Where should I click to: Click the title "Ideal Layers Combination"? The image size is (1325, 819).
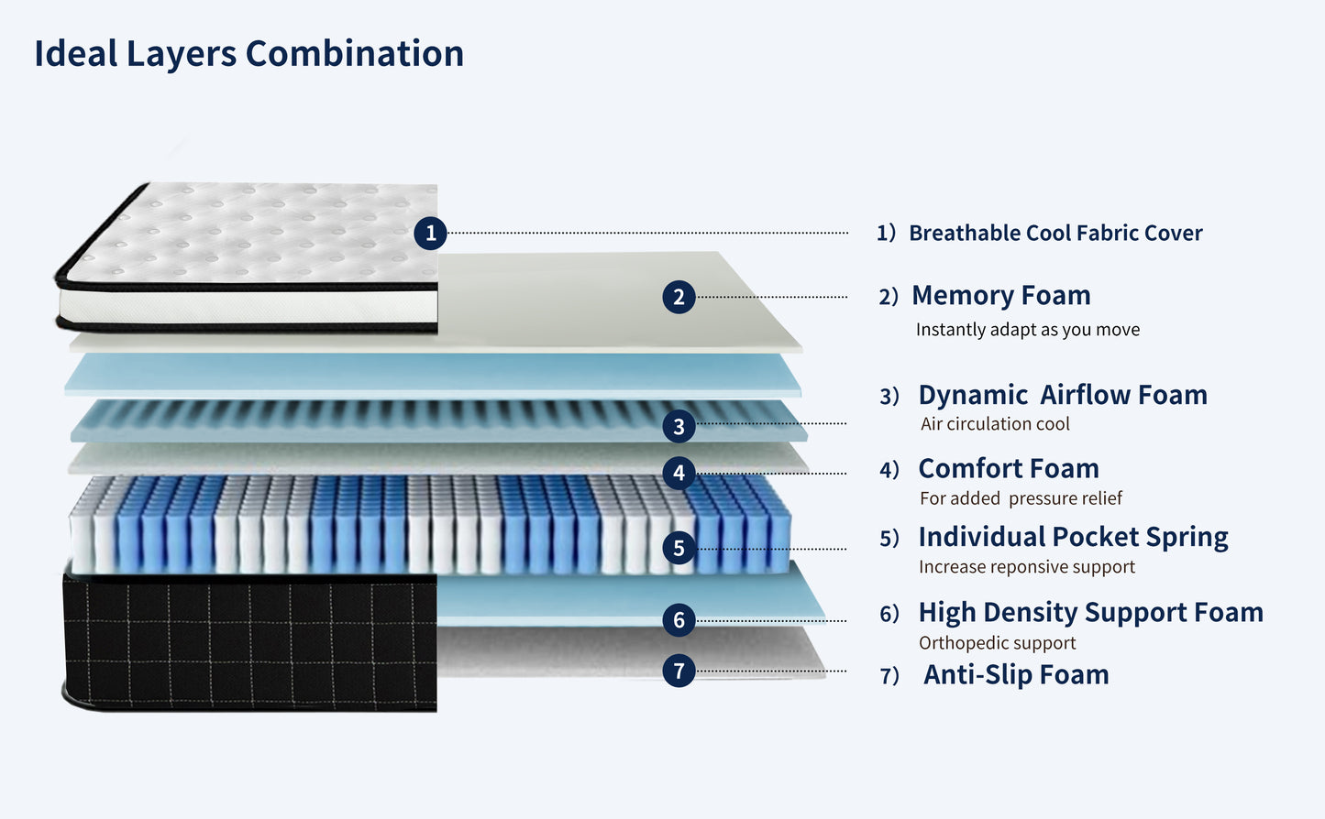coord(248,54)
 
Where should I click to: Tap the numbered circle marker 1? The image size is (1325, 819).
coord(430,233)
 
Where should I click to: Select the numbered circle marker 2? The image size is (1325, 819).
coord(679,297)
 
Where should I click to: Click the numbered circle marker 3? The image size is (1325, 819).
coord(679,426)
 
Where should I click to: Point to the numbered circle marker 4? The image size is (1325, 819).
coord(679,473)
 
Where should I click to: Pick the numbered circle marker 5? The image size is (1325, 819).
coord(679,548)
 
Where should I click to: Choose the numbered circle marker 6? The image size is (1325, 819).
coord(679,619)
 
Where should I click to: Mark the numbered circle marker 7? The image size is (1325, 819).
coord(679,671)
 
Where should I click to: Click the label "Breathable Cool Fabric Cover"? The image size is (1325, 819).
coord(1054,234)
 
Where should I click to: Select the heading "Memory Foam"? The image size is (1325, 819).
coord(1000,296)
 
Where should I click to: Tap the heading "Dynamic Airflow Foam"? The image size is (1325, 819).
coord(1062,395)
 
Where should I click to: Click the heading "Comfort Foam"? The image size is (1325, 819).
coord(1008,469)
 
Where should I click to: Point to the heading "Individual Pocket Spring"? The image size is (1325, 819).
coord(1073,537)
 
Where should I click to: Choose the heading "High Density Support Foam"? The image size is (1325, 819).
coord(1090,612)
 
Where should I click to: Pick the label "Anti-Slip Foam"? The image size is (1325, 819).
coord(1016,675)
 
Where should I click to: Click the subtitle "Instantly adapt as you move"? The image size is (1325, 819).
coord(1027,330)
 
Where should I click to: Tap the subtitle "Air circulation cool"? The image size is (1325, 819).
coord(995,424)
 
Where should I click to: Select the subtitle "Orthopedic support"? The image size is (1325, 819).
coord(997,643)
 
